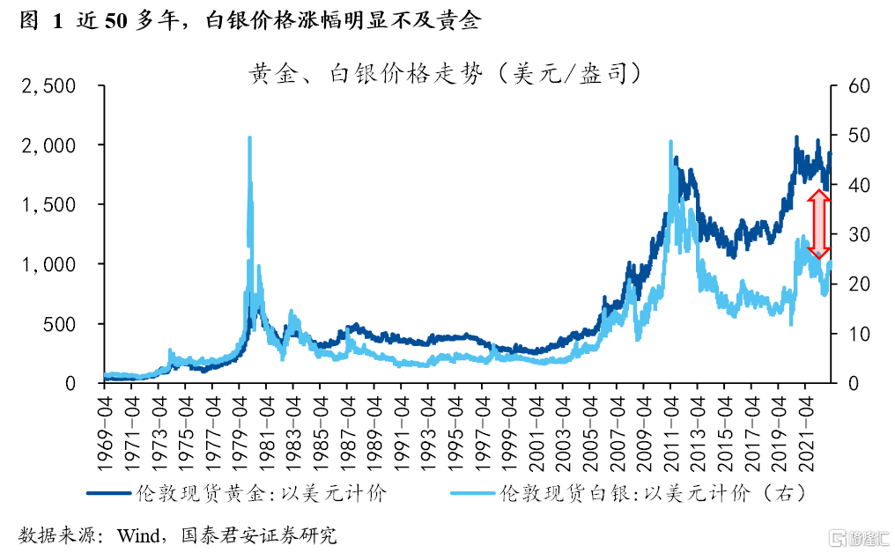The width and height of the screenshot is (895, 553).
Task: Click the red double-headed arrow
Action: (819, 225)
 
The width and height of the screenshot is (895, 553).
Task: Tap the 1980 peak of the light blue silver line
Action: (250, 138)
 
